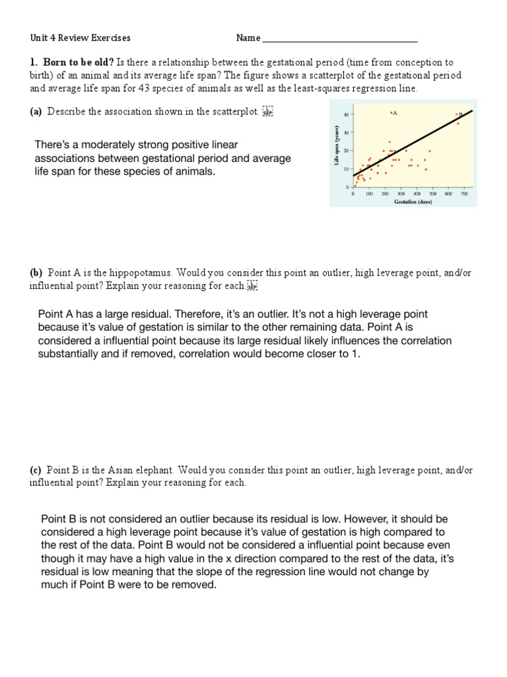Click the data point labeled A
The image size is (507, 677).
pos(391,113)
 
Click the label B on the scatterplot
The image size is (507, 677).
pos(461,114)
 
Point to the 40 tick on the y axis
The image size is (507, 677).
pos(346,115)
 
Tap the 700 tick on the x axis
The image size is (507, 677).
pos(464,194)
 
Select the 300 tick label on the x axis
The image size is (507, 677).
pos(401,194)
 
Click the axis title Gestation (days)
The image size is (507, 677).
pos(413,201)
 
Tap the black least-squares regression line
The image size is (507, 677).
pos(422,135)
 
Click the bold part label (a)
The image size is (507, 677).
pos(36,112)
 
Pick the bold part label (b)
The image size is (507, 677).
pos(36,272)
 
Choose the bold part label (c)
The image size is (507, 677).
pos(36,470)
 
